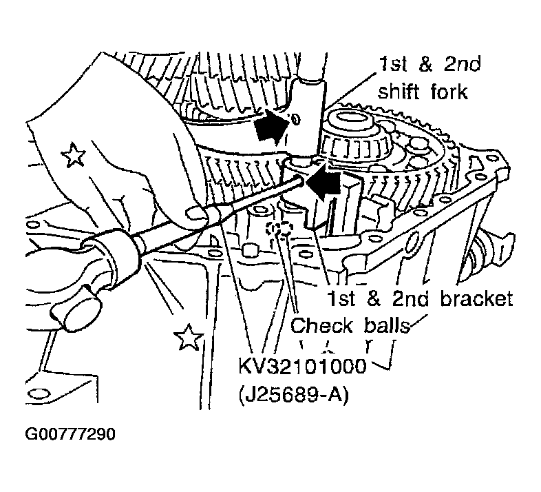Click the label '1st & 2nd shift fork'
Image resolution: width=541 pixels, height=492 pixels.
coord(429,78)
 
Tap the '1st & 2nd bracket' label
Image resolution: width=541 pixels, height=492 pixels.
coord(420,298)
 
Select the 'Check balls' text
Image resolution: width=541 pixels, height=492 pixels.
coord(350,325)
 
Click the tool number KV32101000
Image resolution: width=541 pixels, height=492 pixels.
coord(302,366)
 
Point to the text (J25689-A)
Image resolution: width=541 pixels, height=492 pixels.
coord(294,395)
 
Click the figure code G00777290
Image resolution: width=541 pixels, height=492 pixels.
coord(70,434)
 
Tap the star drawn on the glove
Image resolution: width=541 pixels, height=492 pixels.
coord(73,154)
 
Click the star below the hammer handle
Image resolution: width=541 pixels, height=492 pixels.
coord(188,337)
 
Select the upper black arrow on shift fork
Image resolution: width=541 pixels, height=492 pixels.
coord(272,126)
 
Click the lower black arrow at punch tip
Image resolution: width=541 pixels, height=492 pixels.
coord(323,183)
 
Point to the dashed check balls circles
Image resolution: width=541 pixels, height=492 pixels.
coord(279,228)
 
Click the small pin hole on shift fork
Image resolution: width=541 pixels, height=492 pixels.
coord(296,119)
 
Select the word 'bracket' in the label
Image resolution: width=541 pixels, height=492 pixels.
coord(477,298)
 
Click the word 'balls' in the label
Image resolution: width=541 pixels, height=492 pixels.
coord(387,325)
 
